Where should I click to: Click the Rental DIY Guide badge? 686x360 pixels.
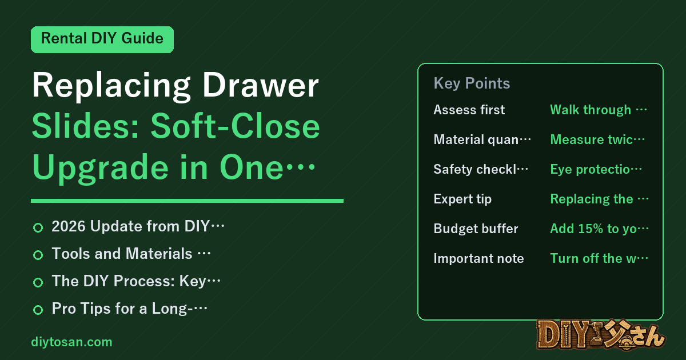(x=102, y=39)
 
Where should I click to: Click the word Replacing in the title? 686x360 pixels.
(x=111, y=86)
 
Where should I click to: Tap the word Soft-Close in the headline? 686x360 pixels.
(x=235, y=126)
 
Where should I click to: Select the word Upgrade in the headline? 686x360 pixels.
(x=101, y=169)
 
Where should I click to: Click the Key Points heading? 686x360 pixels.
(x=472, y=83)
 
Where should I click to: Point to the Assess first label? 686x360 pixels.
(x=469, y=110)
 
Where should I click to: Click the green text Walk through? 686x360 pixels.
(x=591, y=110)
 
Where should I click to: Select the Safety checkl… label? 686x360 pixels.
(x=481, y=169)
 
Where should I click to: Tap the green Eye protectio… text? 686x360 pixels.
(x=596, y=169)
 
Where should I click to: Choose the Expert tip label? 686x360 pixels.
(x=462, y=199)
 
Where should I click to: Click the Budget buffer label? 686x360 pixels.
(x=476, y=229)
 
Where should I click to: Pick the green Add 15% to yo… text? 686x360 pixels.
(x=599, y=229)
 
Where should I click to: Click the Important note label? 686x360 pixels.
(x=478, y=258)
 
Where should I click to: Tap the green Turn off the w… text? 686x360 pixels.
(x=599, y=258)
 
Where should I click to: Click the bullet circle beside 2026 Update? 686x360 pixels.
(x=38, y=228)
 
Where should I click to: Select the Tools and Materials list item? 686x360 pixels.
(x=131, y=254)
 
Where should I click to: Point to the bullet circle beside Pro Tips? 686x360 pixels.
(x=38, y=310)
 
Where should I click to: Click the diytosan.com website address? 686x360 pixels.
(x=71, y=342)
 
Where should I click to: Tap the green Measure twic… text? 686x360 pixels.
(x=597, y=139)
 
